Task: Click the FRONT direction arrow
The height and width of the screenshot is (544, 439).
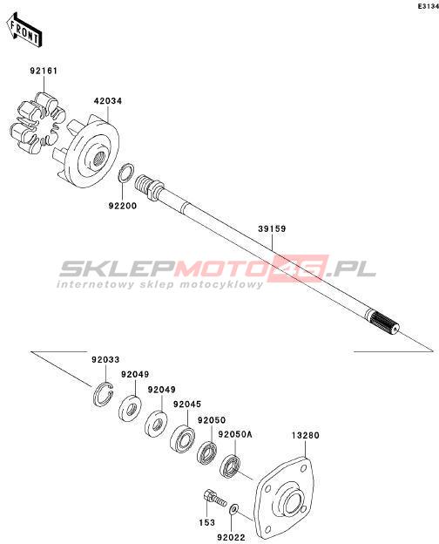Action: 24,31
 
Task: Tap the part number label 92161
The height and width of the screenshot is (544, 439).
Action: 44,71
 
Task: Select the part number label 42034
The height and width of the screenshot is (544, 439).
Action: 108,101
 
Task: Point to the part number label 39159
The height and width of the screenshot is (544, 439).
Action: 273,228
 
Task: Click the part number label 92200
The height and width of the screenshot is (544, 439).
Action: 123,206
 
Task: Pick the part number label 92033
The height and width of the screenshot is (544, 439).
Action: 105,359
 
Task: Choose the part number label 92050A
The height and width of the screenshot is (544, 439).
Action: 235,434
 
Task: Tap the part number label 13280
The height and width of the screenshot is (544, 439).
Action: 305,435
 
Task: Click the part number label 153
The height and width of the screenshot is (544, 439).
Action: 206,522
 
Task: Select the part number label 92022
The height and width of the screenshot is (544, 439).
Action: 232,537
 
